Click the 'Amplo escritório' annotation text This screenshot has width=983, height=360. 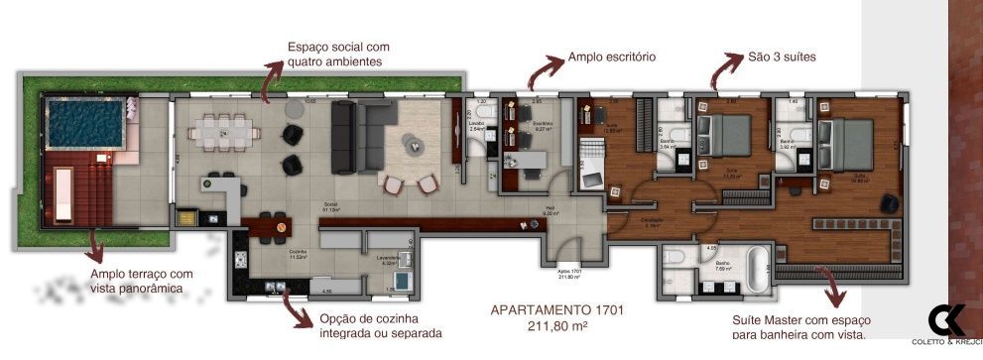tap(611, 58)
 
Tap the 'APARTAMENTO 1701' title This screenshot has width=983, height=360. tap(557, 309)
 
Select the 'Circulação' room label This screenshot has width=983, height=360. tap(652, 220)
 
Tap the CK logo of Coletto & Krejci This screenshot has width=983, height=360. tap(946, 321)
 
